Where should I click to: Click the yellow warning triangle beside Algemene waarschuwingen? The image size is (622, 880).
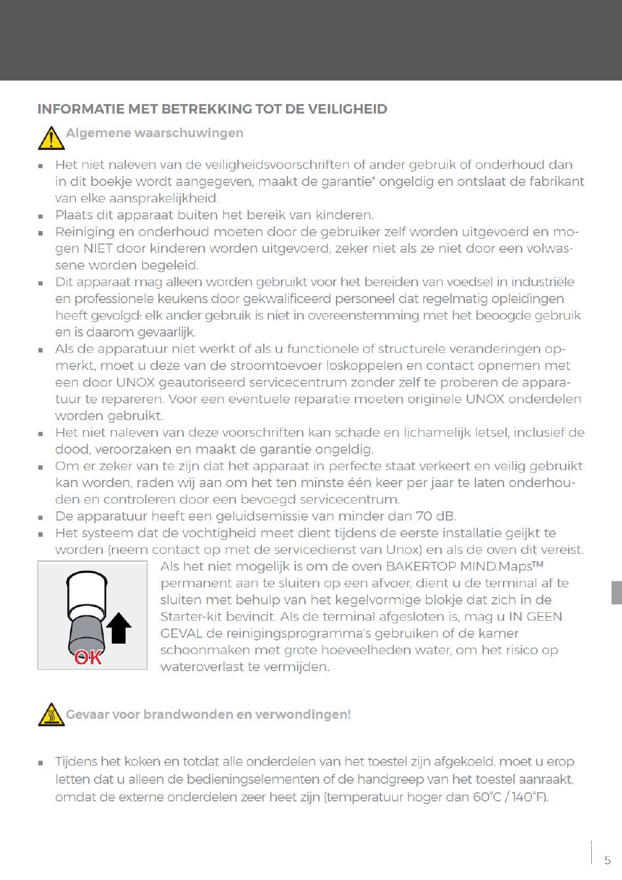(51, 137)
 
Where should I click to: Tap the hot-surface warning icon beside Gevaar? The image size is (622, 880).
(51, 714)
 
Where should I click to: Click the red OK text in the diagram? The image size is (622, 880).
(88, 657)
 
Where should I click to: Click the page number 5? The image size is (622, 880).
(607, 860)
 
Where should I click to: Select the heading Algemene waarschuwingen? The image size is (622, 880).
(155, 133)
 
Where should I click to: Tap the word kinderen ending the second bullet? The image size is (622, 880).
(340, 215)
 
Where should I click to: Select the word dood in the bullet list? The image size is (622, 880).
(71, 449)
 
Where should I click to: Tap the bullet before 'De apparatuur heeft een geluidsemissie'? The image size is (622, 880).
(41, 517)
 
